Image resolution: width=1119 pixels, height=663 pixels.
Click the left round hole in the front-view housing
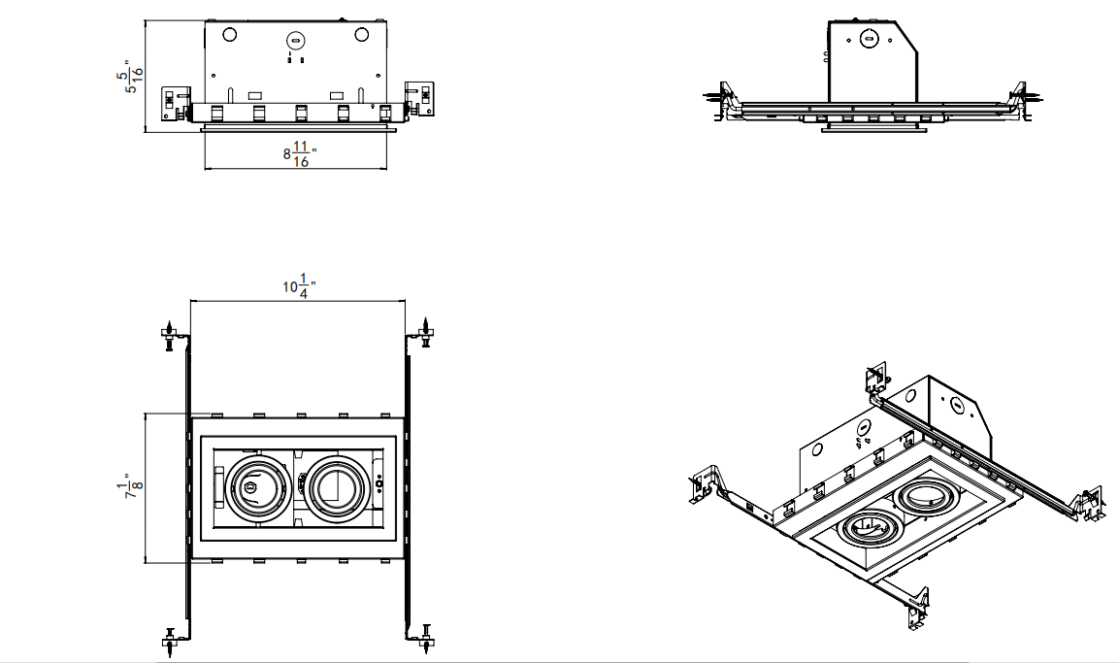coord(230,34)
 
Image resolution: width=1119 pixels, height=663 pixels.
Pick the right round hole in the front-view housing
coord(361,34)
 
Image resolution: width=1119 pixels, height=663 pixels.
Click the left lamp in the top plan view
coord(255,483)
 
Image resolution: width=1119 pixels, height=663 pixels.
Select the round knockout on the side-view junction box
coord(870,40)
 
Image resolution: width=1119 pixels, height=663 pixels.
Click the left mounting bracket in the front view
coord(174,102)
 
